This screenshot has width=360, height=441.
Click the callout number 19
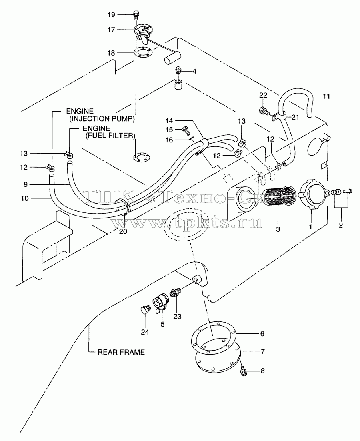pyautogui.click(x=111, y=15)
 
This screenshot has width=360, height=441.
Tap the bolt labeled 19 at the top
pyautogui.click(x=136, y=15)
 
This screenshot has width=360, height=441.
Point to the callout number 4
pyautogui.click(x=194, y=72)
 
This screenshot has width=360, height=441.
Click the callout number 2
pyautogui.click(x=341, y=225)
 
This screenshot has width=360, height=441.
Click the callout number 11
pyautogui.click(x=326, y=96)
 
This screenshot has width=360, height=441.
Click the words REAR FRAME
pyautogui.click(x=121, y=352)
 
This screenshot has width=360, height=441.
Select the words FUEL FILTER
pyautogui.click(x=110, y=136)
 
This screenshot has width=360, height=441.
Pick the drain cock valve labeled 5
pyautogui.click(x=160, y=304)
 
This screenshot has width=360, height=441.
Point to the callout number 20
pyautogui.click(x=123, y=231)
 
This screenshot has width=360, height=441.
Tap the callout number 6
pyautogui.click(x=262, y=334)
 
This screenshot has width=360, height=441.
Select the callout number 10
pyautogui.click(x=25, y=198)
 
